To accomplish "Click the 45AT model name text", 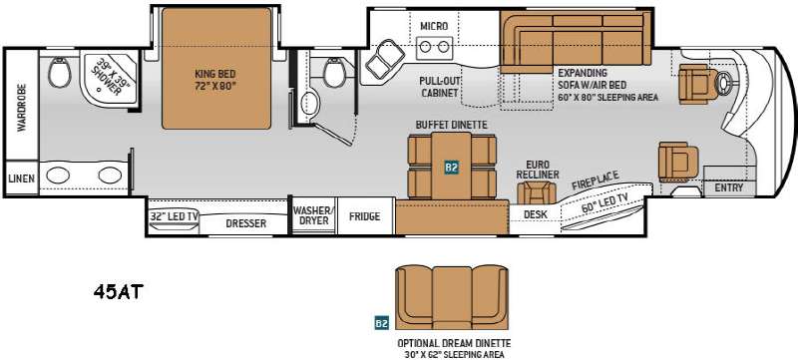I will pos(119,292).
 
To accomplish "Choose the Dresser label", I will pos(245,223).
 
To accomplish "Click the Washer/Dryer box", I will pos(311,216).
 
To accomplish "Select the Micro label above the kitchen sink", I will pos(434,25).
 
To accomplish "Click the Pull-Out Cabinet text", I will pos(438,86).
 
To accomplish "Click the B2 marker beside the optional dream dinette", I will pos(380,322).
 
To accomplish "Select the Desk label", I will pos(535,213).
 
